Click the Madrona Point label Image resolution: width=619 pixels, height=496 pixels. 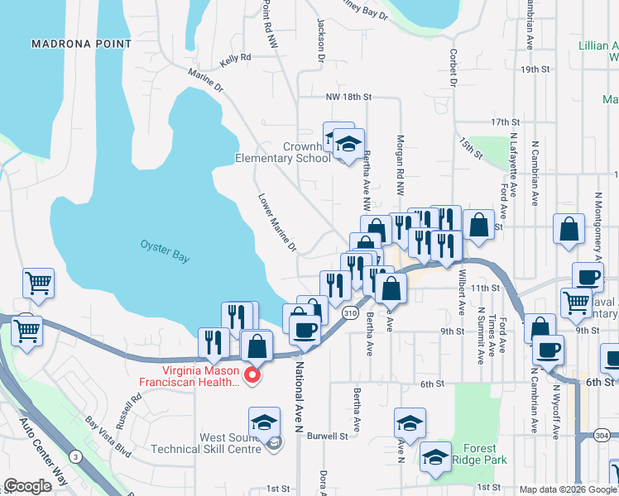[81, 43]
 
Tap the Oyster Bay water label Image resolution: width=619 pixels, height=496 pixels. [165, 251]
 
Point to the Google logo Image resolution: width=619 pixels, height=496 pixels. [27, 486]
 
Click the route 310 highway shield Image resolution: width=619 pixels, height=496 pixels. [350, 313]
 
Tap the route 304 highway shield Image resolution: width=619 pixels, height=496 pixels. [602, 436]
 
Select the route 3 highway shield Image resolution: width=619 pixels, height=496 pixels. [75, 455]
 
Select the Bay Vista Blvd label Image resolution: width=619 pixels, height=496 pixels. [107, 438]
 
